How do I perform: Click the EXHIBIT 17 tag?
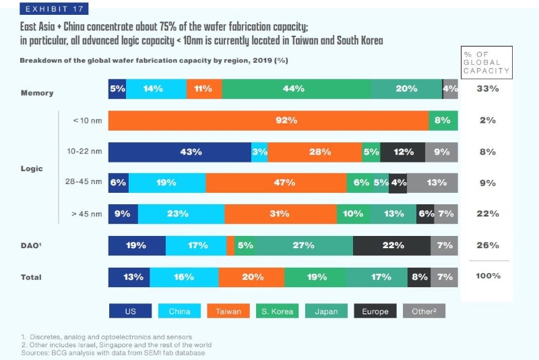55,9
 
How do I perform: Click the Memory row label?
37,93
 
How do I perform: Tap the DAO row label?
32,245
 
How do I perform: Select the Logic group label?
32,169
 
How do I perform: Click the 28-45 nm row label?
84,183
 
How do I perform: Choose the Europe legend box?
375,311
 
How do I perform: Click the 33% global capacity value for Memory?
487,89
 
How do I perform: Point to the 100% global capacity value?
487,276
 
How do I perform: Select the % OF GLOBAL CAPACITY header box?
486,62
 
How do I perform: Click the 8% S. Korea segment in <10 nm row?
443,121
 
